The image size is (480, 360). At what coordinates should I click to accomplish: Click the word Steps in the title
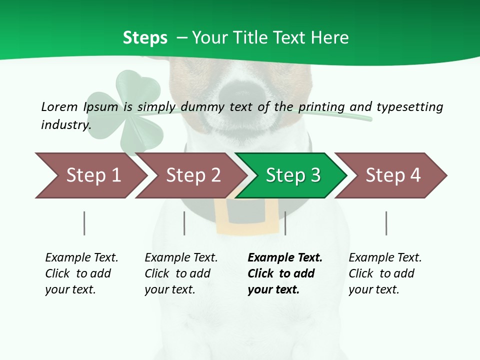coord(145,38)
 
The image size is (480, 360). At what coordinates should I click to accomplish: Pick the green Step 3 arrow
coord(293,175)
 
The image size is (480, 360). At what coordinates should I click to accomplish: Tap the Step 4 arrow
coord(393,175)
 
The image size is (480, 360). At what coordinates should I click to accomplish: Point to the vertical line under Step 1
coord(84,223)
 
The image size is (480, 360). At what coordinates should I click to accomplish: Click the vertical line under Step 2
coord(184,223)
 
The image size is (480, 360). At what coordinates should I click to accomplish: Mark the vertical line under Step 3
coord(285,223)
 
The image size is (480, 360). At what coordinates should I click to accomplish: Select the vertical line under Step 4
coord(386,223)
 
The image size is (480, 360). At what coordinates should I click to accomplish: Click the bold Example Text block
coord(284,273)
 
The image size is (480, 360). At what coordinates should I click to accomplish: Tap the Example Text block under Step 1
coord(81,273)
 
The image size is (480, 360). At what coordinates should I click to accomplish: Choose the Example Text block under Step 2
coord(181,273)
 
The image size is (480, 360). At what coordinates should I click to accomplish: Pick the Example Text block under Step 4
coord(385,273)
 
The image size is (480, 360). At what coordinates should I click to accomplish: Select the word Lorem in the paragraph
coord(59,106)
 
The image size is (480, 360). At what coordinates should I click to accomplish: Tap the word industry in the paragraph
coord(65,124)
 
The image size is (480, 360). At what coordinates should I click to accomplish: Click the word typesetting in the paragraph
coord(409,106)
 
